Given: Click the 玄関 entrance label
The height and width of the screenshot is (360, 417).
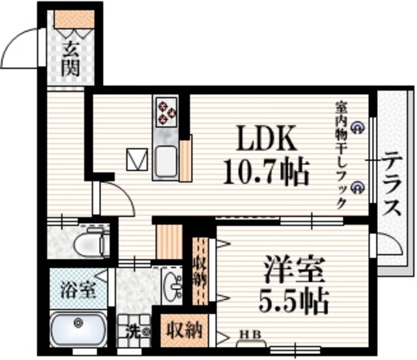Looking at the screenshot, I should (x=71, y=57).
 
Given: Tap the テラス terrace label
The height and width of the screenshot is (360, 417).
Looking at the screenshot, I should (x=392, y=185).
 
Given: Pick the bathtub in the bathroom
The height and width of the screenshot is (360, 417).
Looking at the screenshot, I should (x=79, y=331).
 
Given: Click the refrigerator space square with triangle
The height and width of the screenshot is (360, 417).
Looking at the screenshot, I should (x=138, y=158).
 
